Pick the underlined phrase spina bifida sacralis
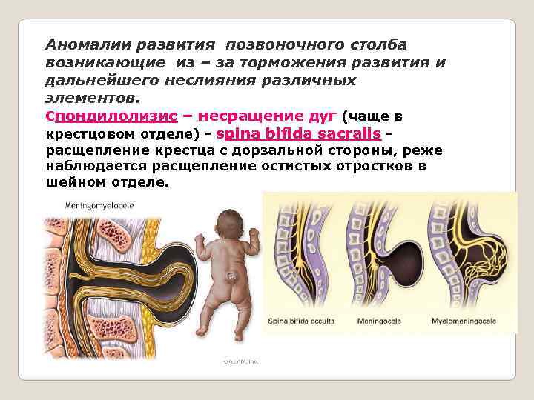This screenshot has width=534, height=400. [x=298, y=134]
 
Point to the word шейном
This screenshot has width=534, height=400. [x=73, y=182]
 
